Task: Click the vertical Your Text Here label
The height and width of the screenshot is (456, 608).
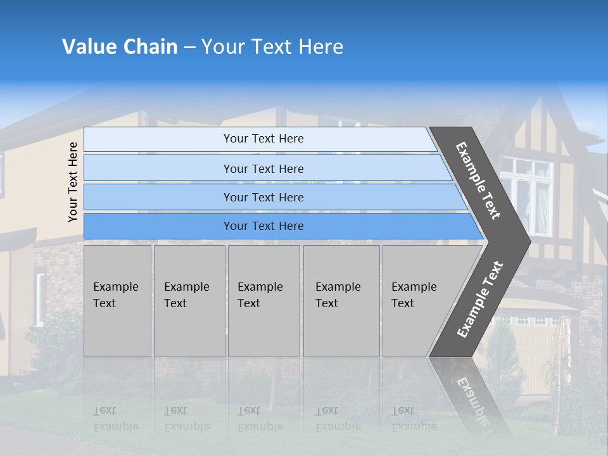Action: tap(73, 182)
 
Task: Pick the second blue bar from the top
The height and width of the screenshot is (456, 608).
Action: tap(263, 168)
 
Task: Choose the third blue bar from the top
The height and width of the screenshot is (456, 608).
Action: tap(263, 197)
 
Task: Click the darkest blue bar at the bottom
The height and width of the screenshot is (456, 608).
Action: tap(263, 226)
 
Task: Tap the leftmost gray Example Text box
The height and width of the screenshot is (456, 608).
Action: tap(117, 301)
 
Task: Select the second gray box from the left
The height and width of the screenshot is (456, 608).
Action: tap(189, 301)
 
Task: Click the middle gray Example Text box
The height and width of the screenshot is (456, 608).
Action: tap(263, 301)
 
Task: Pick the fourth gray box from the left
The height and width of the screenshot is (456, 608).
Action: tap(341, 301)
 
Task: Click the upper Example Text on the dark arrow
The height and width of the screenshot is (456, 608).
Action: tap(479, 181)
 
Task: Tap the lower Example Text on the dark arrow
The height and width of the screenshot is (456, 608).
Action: tap(481, 299)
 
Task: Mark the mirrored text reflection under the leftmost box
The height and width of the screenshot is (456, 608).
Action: tap(115, 419)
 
